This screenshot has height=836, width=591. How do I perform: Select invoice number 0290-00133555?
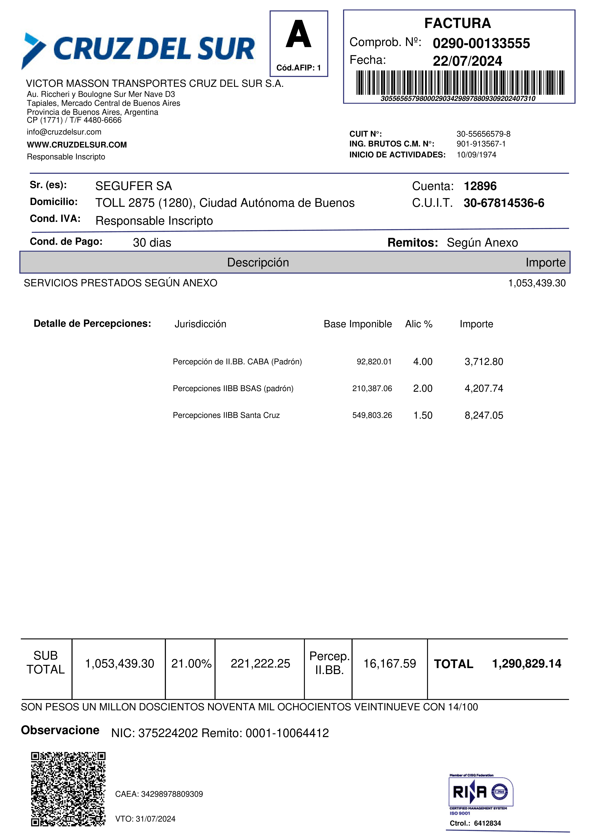point(481,43)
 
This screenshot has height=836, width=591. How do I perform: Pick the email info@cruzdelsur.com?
point(64,132)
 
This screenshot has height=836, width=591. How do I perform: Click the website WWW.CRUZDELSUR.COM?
point(77,145)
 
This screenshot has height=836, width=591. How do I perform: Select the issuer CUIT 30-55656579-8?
point(483,134)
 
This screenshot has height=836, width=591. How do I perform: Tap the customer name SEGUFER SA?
point(133,186)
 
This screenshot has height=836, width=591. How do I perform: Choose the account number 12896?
point(480,186)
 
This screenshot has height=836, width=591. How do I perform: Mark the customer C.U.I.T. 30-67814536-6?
point(504,203)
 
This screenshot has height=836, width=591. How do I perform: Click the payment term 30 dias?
point(152,243)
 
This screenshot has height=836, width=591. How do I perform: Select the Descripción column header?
point(258,263)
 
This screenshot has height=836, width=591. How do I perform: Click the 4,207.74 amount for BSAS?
point(484,388)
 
